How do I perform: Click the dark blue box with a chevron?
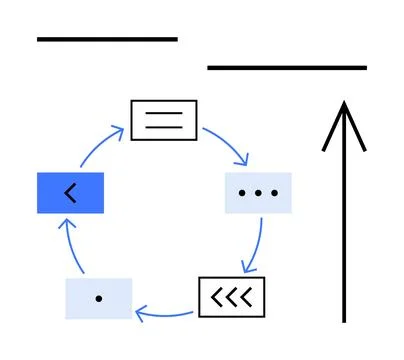point(70,192)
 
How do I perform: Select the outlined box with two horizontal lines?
point(164,120)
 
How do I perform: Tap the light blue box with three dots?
point(257,192)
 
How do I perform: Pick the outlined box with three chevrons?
point(233,296)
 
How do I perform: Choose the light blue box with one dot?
point(98,298)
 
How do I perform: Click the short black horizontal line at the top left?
point(106,39)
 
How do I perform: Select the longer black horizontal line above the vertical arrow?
point(286,67)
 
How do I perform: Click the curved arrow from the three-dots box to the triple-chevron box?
point(258,245)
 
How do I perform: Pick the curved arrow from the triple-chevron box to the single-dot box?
point(166,312)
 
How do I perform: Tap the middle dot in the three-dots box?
point(258,192)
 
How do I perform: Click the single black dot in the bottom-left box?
point(98,298)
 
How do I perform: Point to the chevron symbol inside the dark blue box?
point(69,192)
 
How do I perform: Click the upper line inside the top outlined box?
point(164,113)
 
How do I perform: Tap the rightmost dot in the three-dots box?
point(274,192)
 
